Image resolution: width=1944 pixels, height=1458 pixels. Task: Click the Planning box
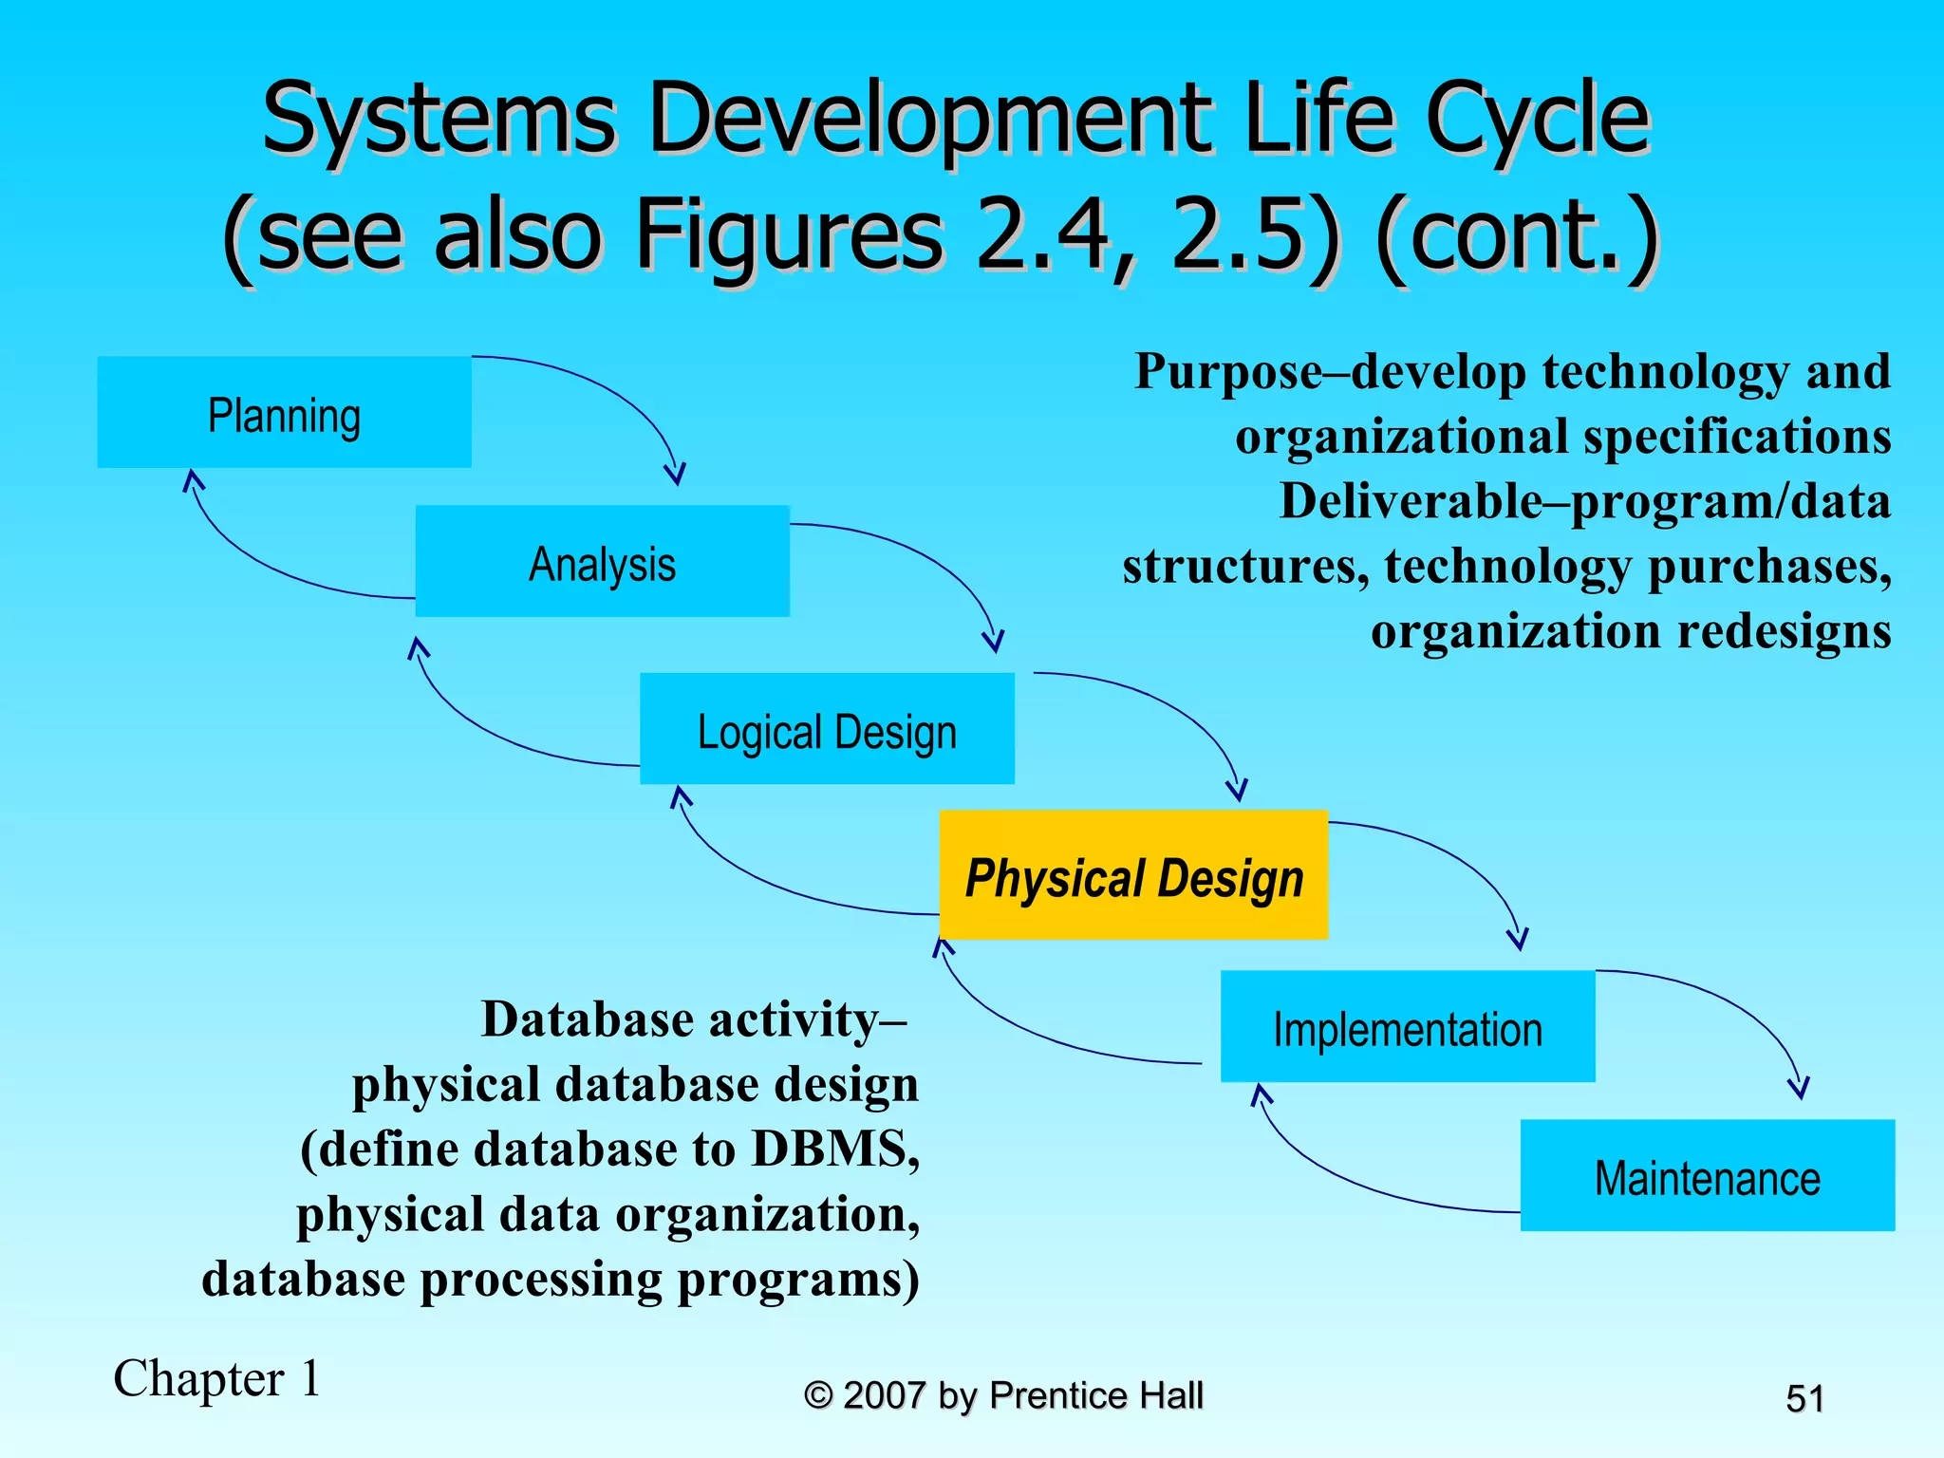pyautogui.click(x=284, y=412)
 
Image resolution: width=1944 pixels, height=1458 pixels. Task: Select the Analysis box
pyautogui.click(x=602, y=561)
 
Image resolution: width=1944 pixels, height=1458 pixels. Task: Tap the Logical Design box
pyautogui.click(x=827, y=729)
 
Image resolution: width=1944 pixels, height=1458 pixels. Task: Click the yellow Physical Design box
pyautogui.click(x=1133, y=875)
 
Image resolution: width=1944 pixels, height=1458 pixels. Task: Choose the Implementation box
pyautogui.click(x=1407, y=1026)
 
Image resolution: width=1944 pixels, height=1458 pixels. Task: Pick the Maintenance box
pyautogui.click(x=1707, y=1175)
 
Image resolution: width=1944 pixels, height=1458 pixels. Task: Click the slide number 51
pyautogui.click(x=1804, y=1398)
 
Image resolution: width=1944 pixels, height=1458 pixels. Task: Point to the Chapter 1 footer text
pyautogui.click(x=217, y=1378)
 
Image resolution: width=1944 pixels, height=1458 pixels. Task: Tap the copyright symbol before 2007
pyautogui.click(x=818, y=1395)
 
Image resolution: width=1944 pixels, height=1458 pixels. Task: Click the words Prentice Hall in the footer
pyautogui.click(x=1095, y=1395)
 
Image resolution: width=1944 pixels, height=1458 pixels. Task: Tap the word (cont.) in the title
pyautogui.click(x=1517, y=234)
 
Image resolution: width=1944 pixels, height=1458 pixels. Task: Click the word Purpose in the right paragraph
pyautogui.click(x=1228, y=372)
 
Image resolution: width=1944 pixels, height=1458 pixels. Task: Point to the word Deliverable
pyautogui.click(x=1411, y=501)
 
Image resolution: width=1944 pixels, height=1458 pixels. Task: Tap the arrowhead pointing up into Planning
pyautogui.click(x=193, y=479)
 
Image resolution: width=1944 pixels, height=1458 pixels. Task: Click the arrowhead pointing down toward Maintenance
pyautogui.click(x=1798, y=1088)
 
